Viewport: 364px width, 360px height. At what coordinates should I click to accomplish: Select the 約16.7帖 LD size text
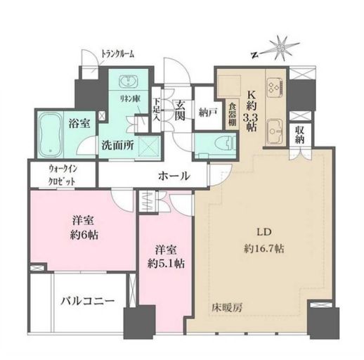click(258, 248)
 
